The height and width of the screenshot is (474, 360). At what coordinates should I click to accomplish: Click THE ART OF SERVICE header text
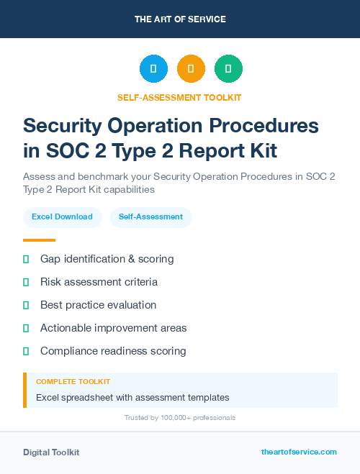[180, 19]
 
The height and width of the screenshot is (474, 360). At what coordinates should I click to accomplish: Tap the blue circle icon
[153, 68]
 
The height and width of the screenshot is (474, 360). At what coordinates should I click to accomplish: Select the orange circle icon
[191, 68]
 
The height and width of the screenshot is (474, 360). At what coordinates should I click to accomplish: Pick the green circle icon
[228, 68]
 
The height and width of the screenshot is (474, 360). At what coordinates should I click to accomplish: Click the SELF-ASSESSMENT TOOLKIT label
[180, 97]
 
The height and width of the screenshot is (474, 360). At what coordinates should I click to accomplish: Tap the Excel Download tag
[62, 217]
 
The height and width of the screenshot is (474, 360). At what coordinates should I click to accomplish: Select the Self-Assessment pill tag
[150, 217]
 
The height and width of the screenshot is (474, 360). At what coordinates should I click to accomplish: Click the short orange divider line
[39, 240]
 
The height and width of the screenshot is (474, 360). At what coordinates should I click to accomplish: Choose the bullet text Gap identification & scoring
[107, 259]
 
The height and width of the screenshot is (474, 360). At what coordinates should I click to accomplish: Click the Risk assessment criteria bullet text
[99, 282]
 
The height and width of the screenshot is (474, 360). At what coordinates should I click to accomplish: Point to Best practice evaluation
[98, 305]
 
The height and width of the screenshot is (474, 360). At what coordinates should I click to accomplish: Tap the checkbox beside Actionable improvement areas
[26, 328]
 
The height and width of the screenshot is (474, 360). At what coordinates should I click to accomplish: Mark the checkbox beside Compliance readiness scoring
[26, 351]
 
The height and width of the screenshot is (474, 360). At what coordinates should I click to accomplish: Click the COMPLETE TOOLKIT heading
[73, 382]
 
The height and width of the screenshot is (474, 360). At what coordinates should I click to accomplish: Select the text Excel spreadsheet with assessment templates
[132, 397]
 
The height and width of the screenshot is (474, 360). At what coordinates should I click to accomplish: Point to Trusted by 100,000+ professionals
[180, 417]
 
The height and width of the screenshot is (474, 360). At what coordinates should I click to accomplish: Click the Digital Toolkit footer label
[51, 452]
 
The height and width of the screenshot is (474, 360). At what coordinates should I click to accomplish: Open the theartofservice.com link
[299, 452]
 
